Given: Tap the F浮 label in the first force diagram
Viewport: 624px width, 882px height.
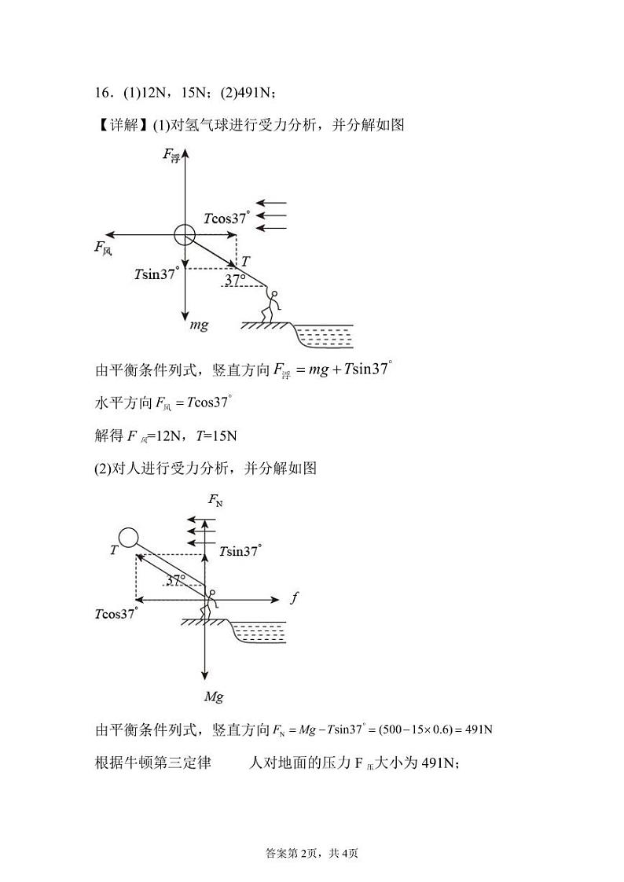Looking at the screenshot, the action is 171,155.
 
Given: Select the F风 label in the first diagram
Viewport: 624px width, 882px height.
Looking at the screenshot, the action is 103,248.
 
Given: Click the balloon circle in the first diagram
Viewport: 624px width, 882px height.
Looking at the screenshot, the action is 184,233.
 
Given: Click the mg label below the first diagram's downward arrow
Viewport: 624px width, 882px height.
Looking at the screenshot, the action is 199,325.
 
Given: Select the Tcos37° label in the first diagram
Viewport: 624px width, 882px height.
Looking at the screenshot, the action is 226,218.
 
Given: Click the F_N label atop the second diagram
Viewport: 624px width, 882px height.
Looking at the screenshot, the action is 215,501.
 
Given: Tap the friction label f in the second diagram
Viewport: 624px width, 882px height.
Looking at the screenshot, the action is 294,598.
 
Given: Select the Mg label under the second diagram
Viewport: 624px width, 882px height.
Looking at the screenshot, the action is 214,696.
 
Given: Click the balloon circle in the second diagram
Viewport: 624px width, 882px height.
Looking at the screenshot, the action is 128,538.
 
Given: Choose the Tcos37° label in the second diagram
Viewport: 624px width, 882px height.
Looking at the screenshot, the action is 116,614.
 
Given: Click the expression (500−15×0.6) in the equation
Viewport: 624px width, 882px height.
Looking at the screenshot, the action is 417,729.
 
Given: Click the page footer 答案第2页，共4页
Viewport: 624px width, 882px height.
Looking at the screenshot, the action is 312,853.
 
